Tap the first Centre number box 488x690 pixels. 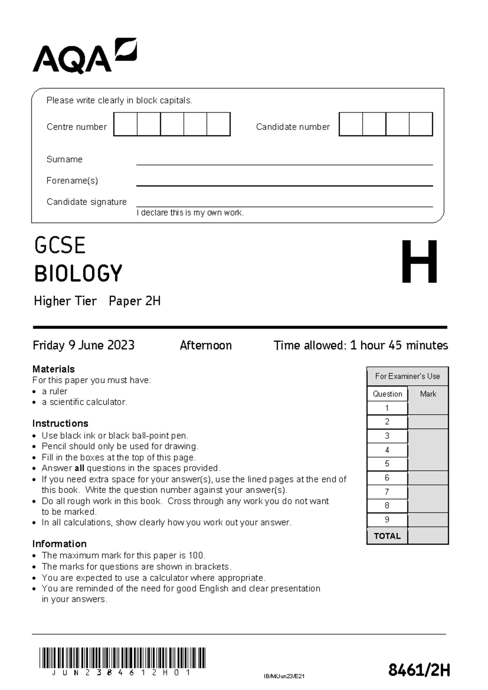[x=126, y=124]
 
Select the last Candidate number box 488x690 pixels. [x=421, y=124]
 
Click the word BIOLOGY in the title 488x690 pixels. [x=78, y=273]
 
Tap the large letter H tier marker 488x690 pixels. [x=419, y=262]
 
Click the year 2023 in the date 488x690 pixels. [x=121, y=345]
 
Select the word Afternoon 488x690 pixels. [x=206, y=345]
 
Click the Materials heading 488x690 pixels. [x=53, y=369]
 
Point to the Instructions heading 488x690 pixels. [x=60, y=423]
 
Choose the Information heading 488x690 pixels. [x=59, y=544]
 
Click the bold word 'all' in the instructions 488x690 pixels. [x=79, y=468]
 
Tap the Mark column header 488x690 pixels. [x=428, y=394]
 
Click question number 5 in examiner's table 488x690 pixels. [x=387, y=464]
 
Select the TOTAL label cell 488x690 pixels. [x=387, y=536]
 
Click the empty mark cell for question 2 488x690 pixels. [x=428, y=422]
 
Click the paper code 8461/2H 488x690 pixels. [x=419, y=670]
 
